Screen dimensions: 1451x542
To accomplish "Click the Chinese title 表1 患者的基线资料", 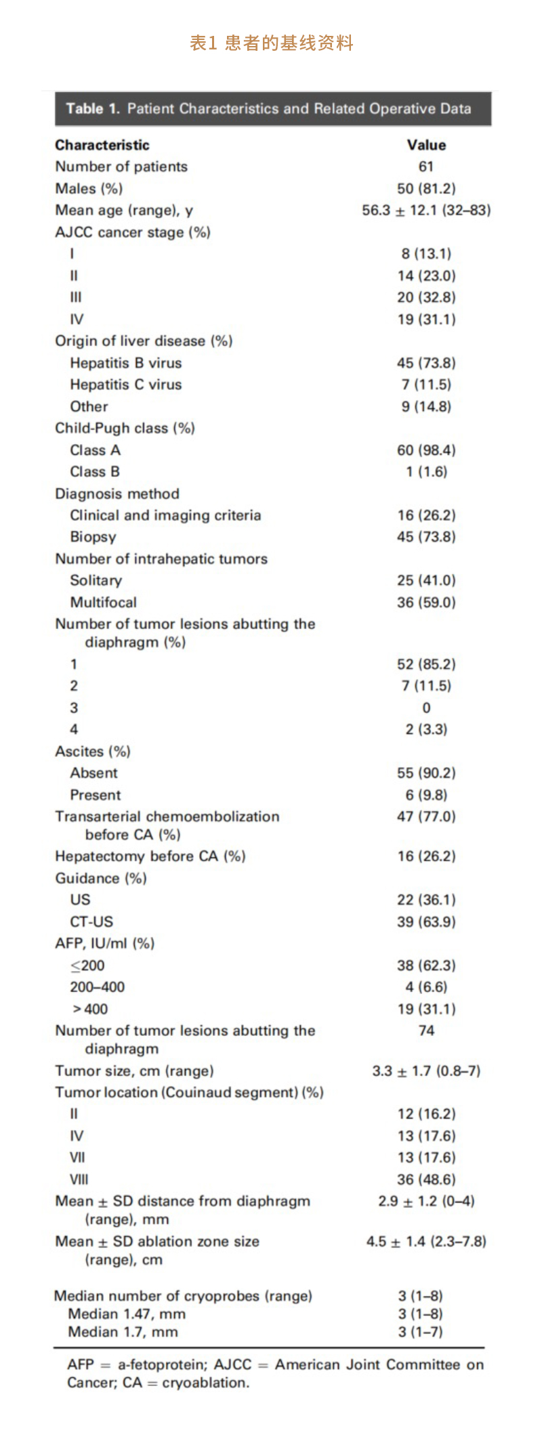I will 271,43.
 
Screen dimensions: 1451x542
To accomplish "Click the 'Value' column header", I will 426,145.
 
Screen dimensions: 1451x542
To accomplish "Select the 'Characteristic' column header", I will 102,145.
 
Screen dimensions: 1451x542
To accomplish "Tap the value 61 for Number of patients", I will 426,167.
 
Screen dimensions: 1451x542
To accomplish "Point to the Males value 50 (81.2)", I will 426,188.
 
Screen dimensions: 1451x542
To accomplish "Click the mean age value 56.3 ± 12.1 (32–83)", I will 426,210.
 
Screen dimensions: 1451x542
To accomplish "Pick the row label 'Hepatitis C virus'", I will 126,385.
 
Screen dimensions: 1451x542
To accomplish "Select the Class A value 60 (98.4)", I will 426,450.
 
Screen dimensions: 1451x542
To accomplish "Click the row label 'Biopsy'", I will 93,537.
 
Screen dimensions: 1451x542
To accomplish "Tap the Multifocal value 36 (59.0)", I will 426,602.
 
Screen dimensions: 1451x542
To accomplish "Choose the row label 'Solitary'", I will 96,580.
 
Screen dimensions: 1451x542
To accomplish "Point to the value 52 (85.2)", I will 426,664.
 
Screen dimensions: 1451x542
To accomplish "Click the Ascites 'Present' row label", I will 96,795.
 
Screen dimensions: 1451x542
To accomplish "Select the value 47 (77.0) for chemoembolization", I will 426,817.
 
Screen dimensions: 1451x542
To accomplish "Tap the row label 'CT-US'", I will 91,922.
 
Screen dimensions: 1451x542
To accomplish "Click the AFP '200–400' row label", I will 98,987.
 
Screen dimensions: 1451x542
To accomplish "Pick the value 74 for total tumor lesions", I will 426,1031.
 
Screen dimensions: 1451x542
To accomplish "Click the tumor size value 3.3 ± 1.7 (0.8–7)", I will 426,1070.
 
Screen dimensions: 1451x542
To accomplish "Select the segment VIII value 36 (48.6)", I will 426,1179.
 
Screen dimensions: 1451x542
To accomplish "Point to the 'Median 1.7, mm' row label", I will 123,1332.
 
